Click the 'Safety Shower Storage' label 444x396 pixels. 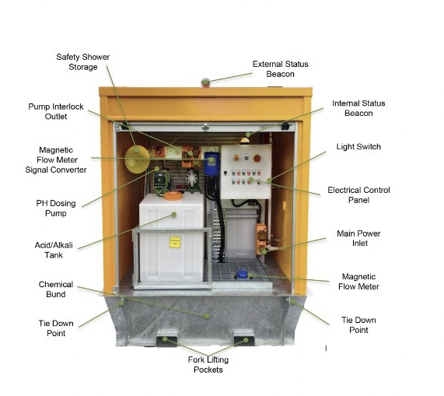82,61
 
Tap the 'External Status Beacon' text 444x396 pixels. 281,68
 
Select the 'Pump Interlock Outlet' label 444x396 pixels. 56,111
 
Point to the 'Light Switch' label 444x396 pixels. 358,146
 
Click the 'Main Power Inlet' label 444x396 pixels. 358,238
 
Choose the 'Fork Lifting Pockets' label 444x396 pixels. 208,365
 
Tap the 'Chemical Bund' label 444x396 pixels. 56,289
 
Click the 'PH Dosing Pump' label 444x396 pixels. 56,209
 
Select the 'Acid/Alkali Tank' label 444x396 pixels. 54,250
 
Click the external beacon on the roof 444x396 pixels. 205,82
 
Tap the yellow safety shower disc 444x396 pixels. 137,159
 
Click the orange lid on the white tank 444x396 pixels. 173,196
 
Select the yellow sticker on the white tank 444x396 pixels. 175,242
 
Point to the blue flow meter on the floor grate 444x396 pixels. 242,275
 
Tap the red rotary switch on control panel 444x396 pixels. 257,159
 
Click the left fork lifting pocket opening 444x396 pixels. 166,341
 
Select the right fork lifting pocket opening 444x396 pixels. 244,341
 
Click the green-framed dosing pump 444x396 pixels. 160,180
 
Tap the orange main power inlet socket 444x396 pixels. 261,240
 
